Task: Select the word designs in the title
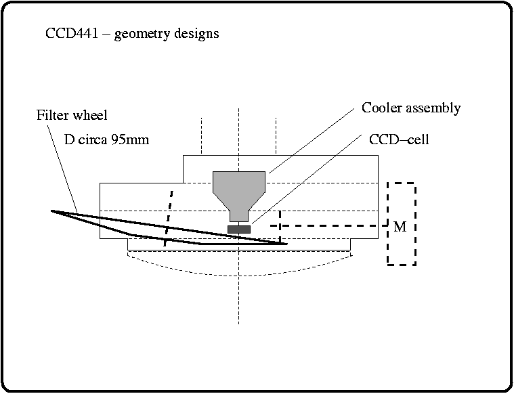pyautogui.click(x=195, y=34)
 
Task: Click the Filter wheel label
pyautogui.click(x=71, y=115)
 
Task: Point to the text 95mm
pyautogui.click(x=132, y=140)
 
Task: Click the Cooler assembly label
pyautogui.click(x=411, y=108)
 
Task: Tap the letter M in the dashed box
pyautogui.click(x=400, y=227)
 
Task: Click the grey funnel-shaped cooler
pyautogui.click(x=239, y=185)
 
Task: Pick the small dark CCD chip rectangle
pyautogui.click(x=239, y=229)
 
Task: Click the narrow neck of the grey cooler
pyautogui.click(x=239, y=216)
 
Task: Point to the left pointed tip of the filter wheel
pyautogui.click(x=53, y=211)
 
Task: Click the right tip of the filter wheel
pyautogui.click(x=285, y=242)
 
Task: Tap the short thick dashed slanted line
pyautogui.click(x=169, y=217)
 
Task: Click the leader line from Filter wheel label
pyautogui.click(x=64, y=166)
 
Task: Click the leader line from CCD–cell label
pyautogui.click(x=305, y=181)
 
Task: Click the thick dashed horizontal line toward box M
pyautogui.click(x=332, y=225)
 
